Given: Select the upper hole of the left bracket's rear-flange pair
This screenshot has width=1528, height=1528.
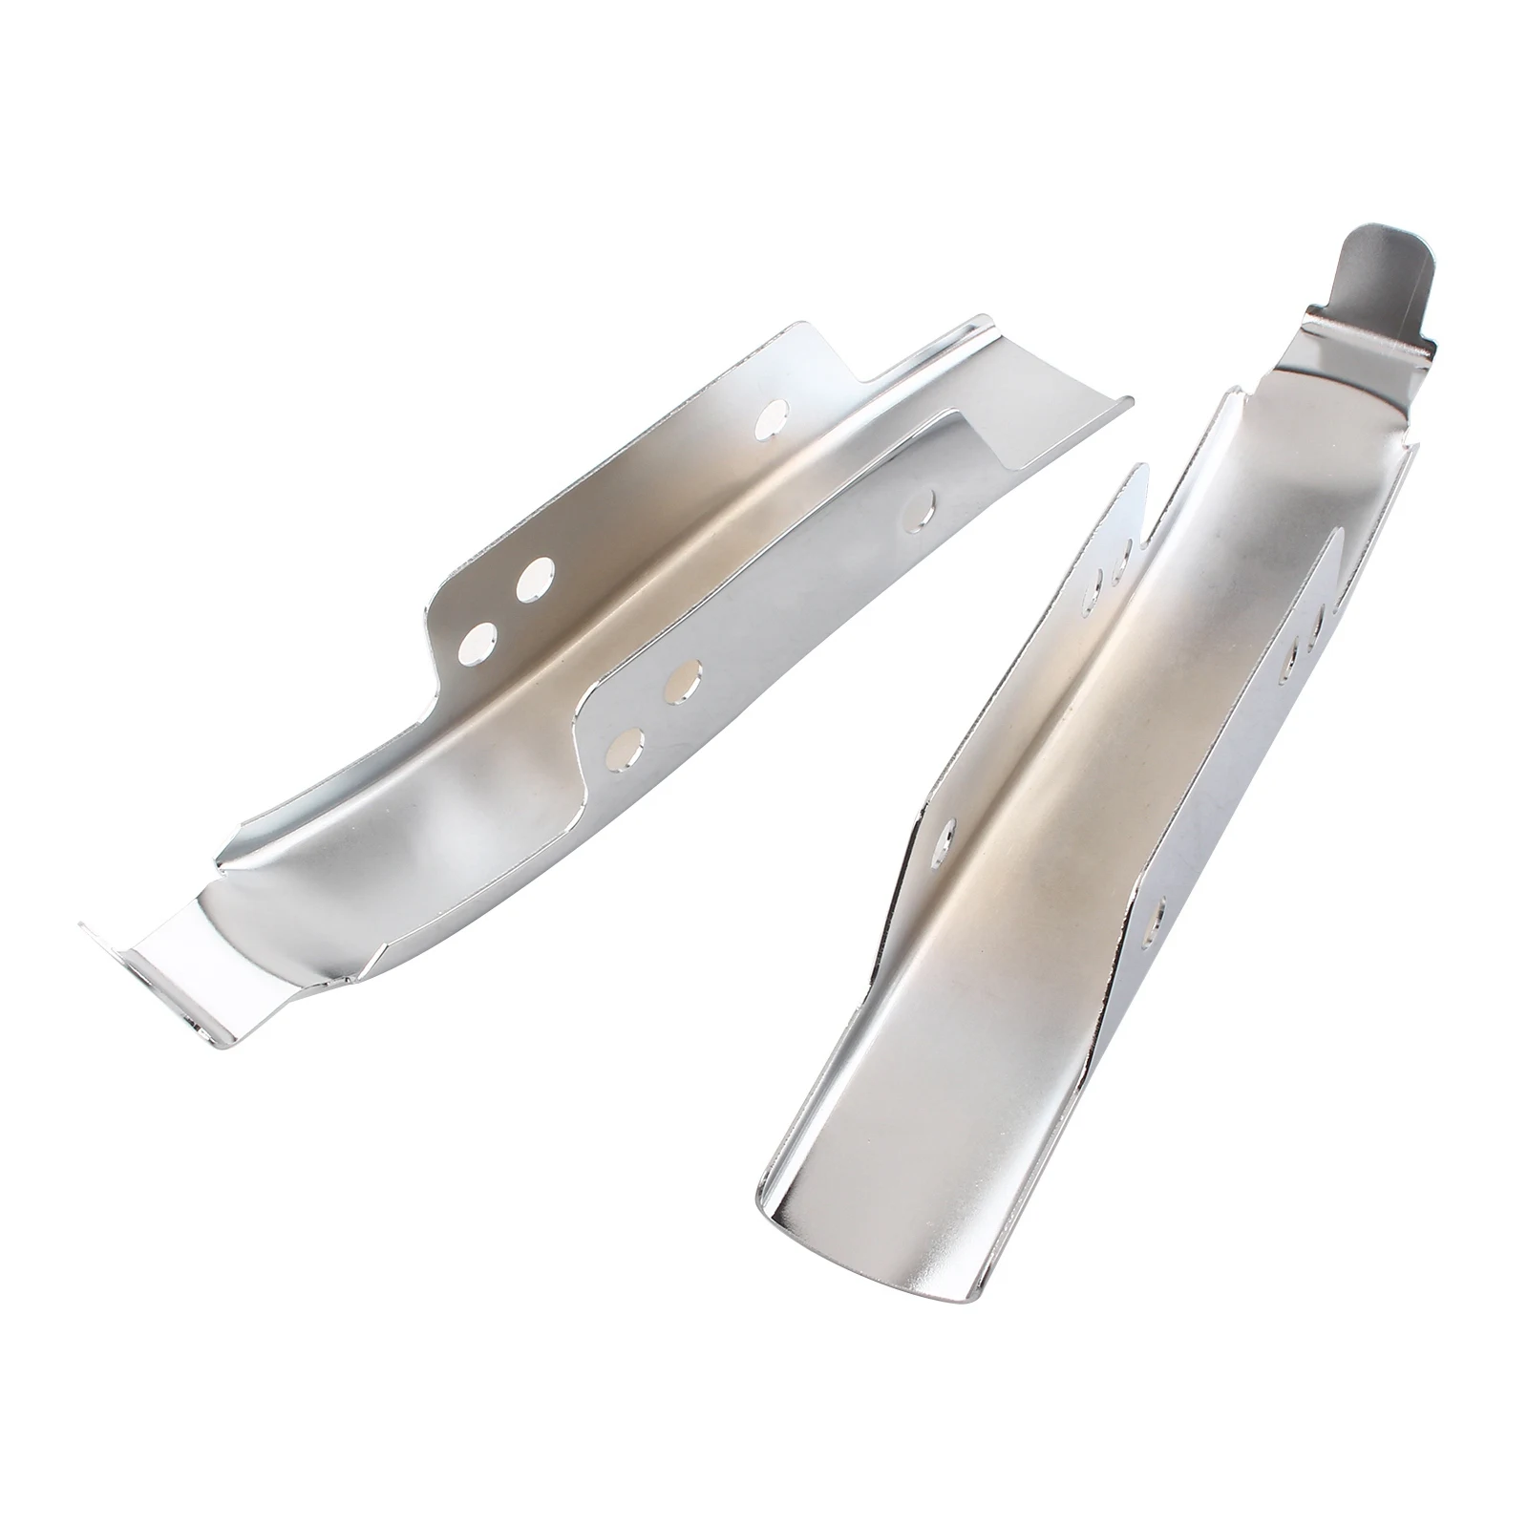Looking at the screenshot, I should pyautogui.click(x=536, y=578).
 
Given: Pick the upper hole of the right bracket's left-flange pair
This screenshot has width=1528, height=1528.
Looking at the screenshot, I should pyautogui.click(x=1124, y=552).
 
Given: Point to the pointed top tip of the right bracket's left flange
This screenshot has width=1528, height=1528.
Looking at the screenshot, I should pyautogui.click(x=1139, y=466).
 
